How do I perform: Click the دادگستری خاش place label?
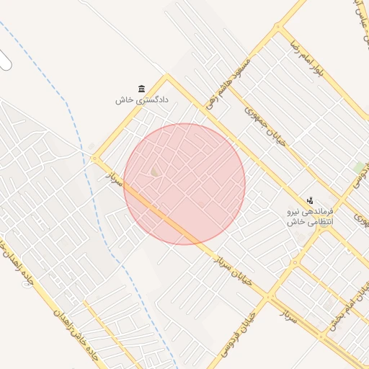coord(141,100)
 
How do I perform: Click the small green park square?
coord(358,168)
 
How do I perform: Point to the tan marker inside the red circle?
coord(156,172)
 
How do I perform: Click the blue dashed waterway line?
coord(79,144)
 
